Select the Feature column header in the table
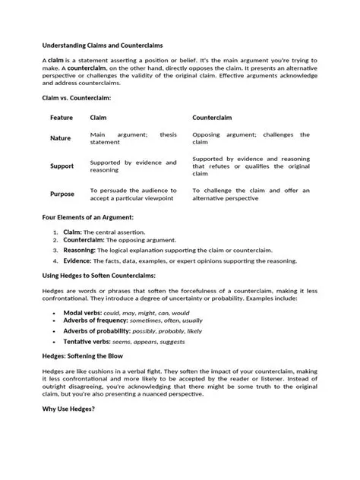[x=62, y=118]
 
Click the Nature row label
[x=61, y=138]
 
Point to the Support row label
[x=62, y=166]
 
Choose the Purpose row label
[x=62, y=194]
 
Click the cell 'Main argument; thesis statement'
[x=133, y=138]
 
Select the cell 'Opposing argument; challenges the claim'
[x=251, y=138]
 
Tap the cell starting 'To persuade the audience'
[x=133, y=194]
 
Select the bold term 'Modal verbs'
[x=84, y=312]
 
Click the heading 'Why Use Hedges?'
[x=68, y=409]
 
